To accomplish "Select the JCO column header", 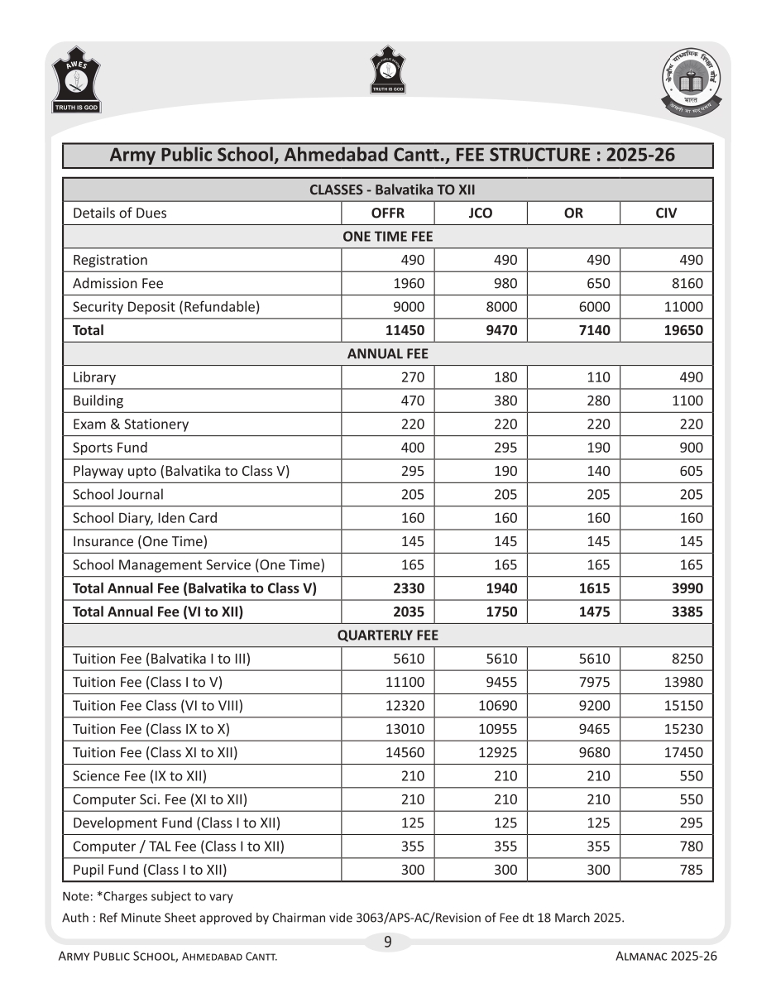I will [480, 213].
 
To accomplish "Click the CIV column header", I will [665, 213].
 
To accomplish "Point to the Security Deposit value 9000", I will [410, 307].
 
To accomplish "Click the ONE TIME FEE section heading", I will [387, 237].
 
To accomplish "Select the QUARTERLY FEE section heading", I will [387, 636].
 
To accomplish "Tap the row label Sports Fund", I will [110, 448].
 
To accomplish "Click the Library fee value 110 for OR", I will [597, 377].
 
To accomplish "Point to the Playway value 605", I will [691, 471].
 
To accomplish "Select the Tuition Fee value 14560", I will [405, 753].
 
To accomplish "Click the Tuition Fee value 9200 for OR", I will [594, 706].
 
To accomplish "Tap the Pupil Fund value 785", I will [691, 870].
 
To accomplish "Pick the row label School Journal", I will [118, 495].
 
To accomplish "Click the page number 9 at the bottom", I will [387, 942].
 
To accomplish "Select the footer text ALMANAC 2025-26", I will [666, 956].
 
